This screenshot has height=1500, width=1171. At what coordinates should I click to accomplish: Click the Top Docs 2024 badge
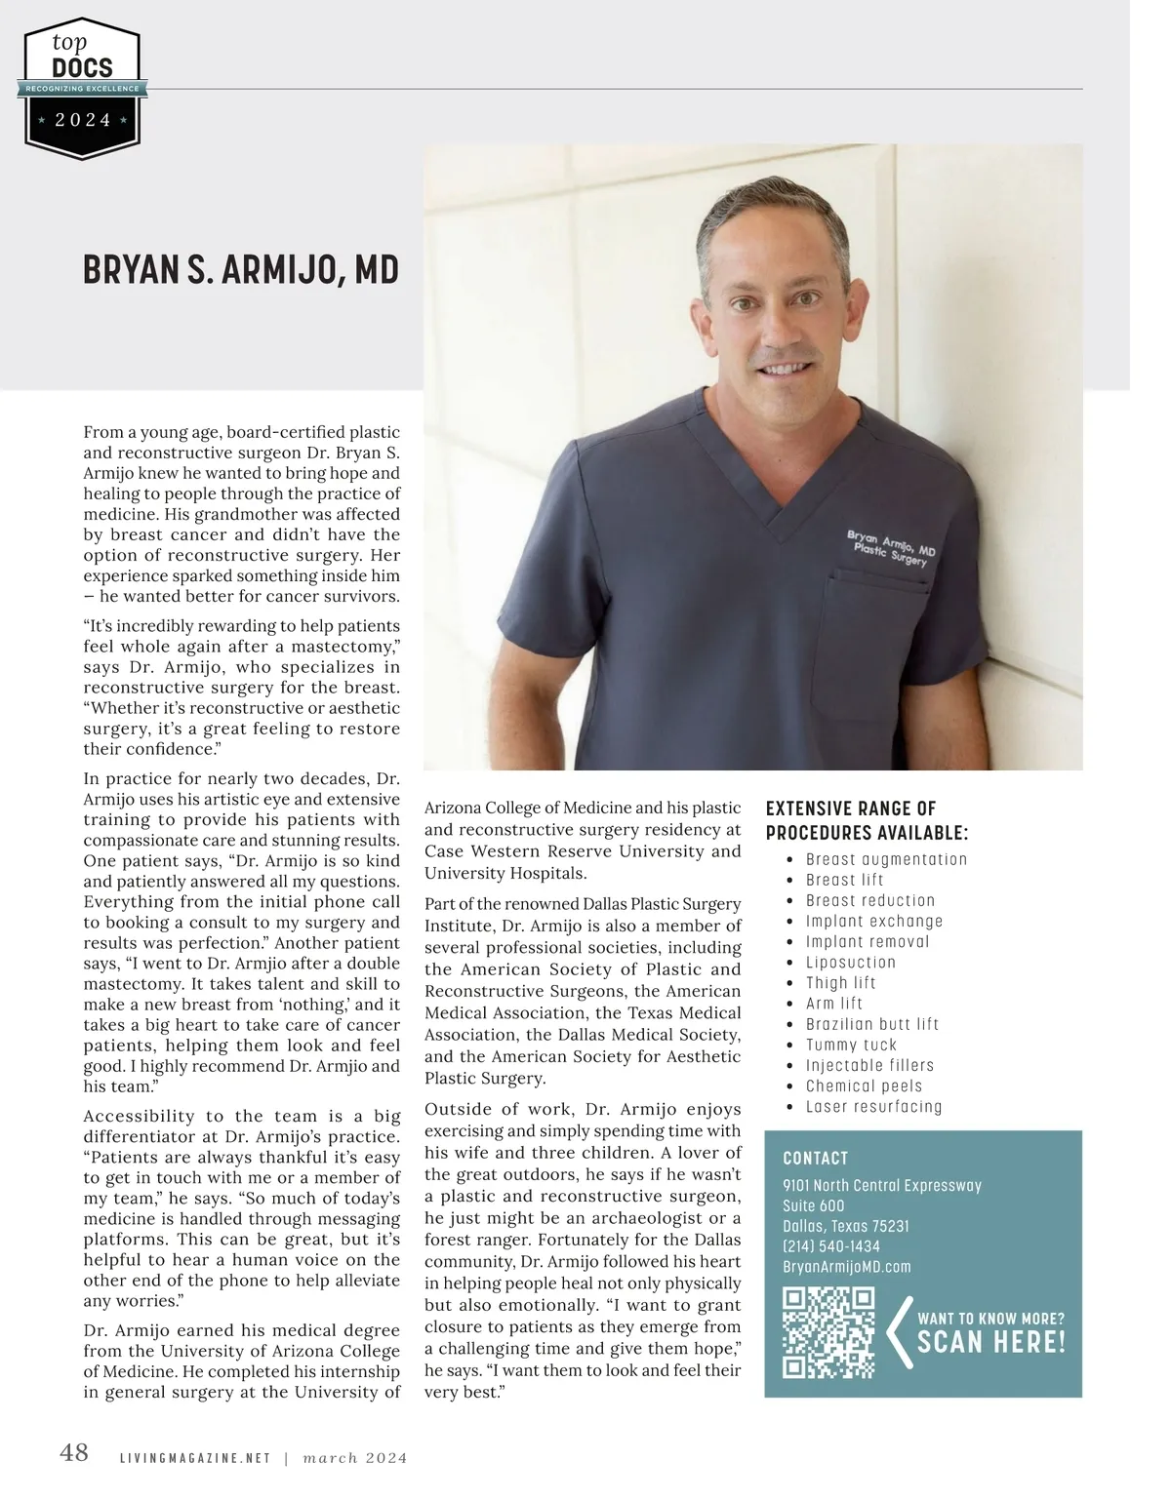83,88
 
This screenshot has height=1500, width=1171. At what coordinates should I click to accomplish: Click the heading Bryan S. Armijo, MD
241,270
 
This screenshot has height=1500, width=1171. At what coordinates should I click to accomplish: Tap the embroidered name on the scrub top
890,546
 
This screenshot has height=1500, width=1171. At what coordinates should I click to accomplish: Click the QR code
828,1331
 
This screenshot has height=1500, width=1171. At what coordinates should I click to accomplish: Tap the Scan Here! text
990,1342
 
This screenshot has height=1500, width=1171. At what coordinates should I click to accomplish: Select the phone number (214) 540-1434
831,1246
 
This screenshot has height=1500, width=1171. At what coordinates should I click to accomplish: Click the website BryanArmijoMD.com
846,1267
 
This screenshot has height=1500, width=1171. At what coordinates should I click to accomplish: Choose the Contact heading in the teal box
815,1159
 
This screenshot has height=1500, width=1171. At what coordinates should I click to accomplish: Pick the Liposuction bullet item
850,963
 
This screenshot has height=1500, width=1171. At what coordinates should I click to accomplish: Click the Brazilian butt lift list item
871,1024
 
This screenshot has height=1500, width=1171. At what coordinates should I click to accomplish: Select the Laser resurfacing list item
873,1107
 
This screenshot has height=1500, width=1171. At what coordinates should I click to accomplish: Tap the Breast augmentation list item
886,859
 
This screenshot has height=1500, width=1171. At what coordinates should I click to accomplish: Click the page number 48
74,1453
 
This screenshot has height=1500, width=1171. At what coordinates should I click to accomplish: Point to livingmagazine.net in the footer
194,1459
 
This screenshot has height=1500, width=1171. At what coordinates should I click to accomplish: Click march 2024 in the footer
355,1459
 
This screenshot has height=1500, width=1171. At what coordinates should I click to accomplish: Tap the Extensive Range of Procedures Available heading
867,821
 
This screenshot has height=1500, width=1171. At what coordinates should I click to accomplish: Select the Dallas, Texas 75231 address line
845,1226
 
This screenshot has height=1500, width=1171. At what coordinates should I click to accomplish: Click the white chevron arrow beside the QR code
899,1332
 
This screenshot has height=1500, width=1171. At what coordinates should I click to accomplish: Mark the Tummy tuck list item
851,1045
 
